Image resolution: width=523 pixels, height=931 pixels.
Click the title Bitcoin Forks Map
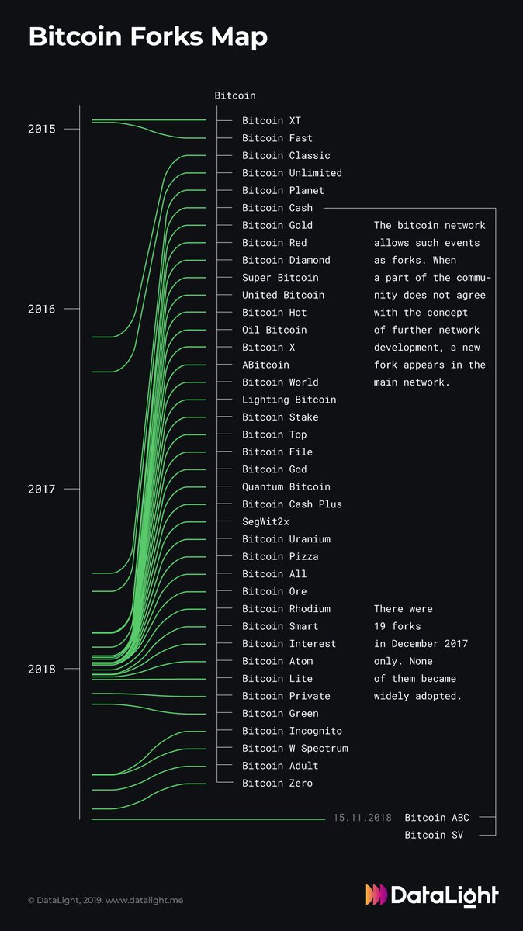(x=147, y=36)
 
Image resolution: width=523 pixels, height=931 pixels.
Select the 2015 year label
(x=41, y=129)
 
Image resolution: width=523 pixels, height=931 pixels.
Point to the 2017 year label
(x=41, y=489)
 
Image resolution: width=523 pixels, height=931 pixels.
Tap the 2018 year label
(x=41, y=669)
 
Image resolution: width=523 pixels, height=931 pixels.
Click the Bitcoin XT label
(x=271, y=121)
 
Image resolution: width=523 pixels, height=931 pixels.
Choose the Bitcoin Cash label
(x=277, y=208)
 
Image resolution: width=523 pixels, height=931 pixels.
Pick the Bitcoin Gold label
(x=277, y=225)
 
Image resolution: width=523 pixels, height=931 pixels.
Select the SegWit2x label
(x=265, y=521)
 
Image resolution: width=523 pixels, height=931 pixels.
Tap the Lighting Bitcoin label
(x=289, y=400)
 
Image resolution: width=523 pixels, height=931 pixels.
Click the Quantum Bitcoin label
(x=286, y=486)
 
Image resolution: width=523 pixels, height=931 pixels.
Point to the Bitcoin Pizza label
(x=280, y=556)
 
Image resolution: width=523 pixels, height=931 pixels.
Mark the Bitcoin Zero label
(x=277, y=784)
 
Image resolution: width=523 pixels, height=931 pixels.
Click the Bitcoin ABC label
(x=436, y=818)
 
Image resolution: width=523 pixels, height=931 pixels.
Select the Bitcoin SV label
(x=433, y=836)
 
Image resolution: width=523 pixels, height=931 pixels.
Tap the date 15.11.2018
(x=362, y=818)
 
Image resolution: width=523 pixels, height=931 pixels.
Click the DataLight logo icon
(x=376, y=895)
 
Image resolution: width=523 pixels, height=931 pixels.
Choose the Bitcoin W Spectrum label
(x=295, y=749)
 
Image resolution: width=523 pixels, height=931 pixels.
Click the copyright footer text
(x=106, y=901)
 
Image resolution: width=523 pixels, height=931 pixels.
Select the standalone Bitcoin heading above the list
(x=235, y=95)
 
